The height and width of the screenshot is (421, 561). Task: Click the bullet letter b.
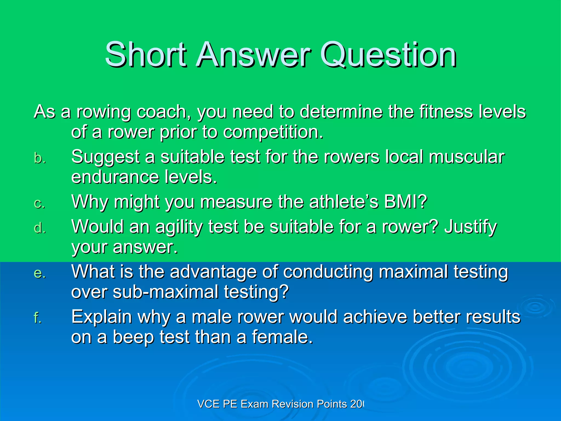coord(39,158)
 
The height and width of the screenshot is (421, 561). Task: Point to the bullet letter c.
coord(39,203)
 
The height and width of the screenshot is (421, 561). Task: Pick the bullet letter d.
coord(39,228)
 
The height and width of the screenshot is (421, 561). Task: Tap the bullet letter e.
coord(39,273)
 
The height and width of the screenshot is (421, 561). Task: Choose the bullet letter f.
coord(38,318)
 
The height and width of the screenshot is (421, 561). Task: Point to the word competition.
coord(273,132)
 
